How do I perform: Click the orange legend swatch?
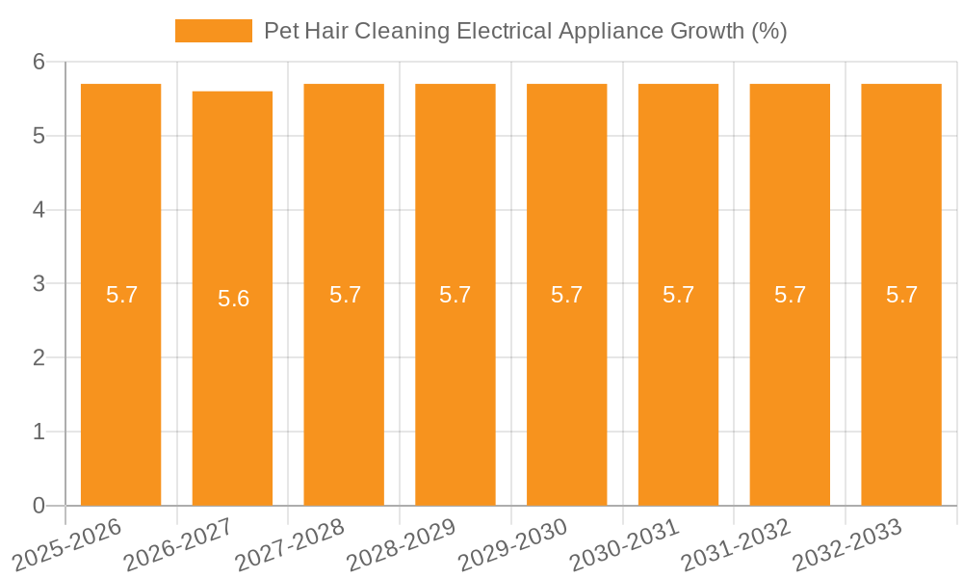(x=213, y=31)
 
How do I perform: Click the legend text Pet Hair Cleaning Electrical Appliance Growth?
(x=525, y=31)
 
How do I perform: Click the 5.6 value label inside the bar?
(x=233, y=299)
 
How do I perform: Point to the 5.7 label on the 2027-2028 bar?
(x=345, y=295)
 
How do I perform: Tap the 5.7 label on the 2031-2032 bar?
(x=790, y=295)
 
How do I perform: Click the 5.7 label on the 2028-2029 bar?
(x=455, y=295)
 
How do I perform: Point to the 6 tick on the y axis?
(x=39, y=63)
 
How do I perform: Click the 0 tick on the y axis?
(x=39, y=506)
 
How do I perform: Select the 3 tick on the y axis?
(x=39, y=284)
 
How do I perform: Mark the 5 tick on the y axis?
(x=39, y=137)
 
